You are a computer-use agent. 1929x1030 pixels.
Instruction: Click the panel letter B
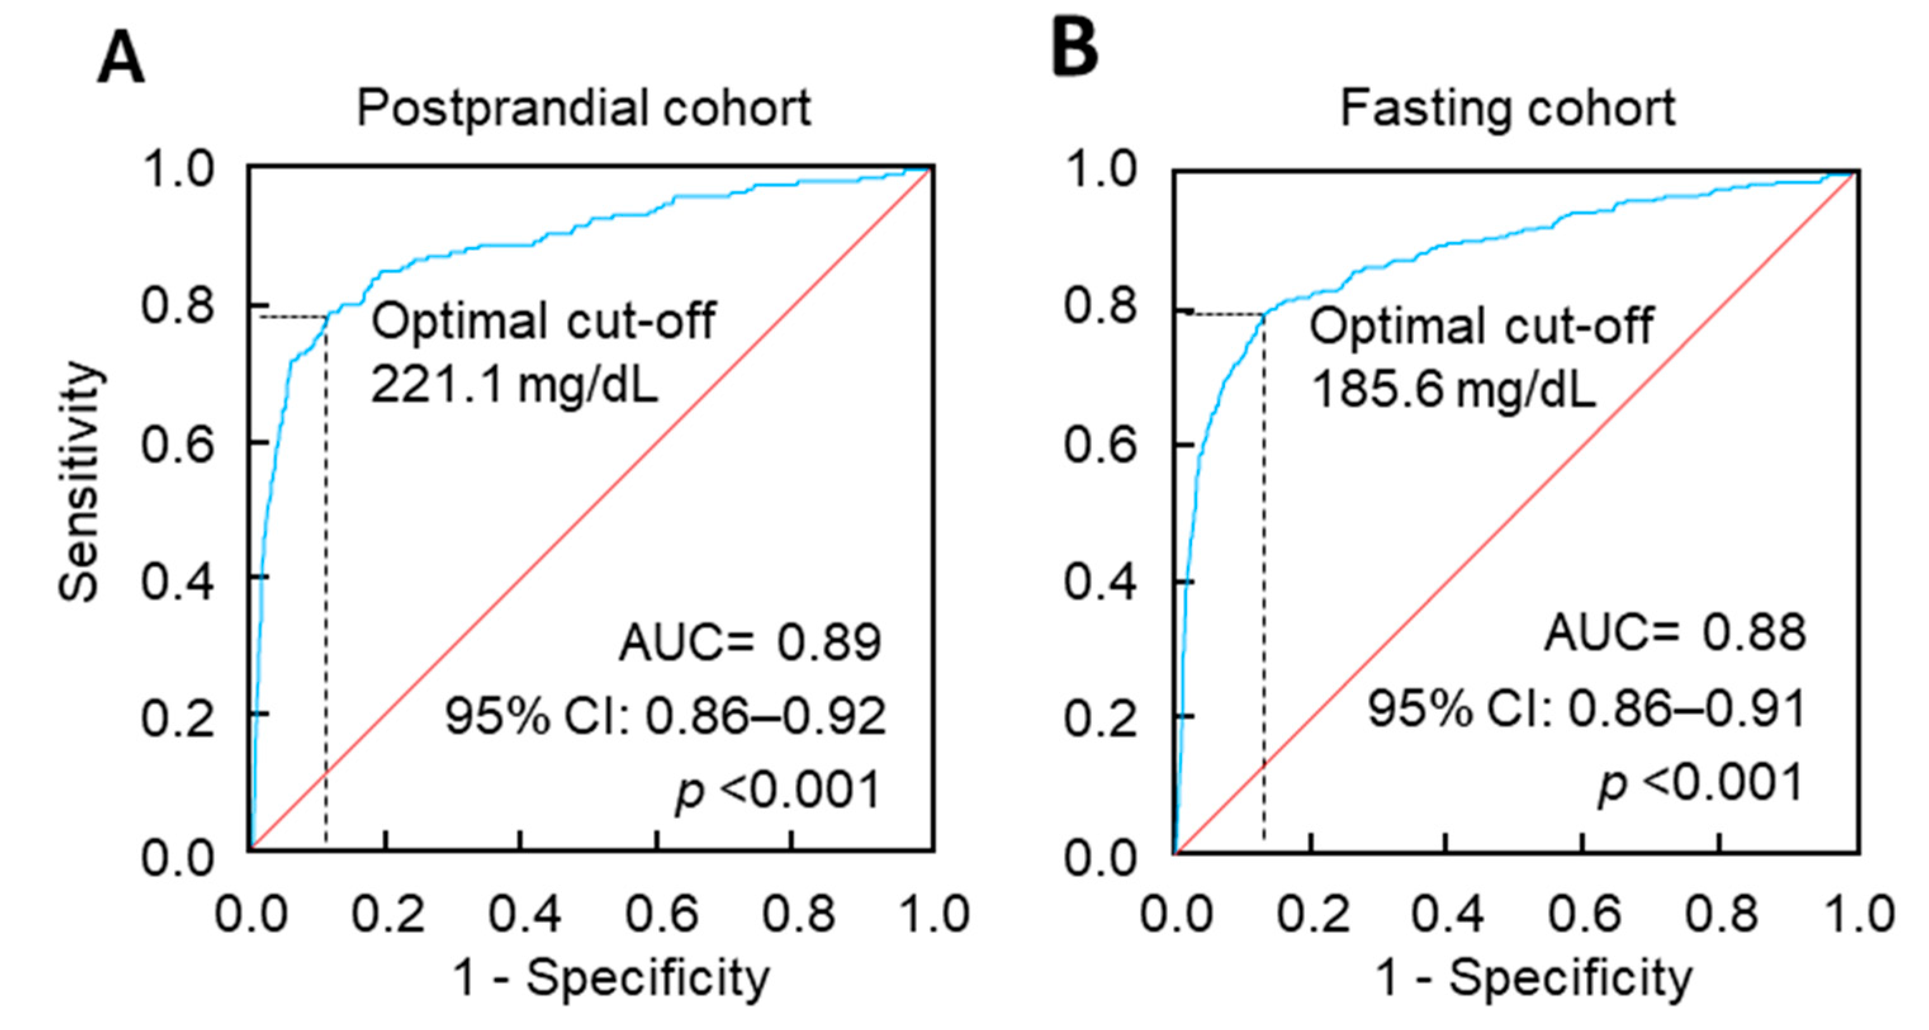tap(1075, 48)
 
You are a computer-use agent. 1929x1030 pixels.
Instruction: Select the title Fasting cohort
tap(1507, 108)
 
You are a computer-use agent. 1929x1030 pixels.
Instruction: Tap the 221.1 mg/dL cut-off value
tap(515, 387)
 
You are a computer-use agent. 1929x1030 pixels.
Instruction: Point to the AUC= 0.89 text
tap(750, 643)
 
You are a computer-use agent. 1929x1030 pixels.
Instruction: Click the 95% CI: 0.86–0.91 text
tap(1587, 709)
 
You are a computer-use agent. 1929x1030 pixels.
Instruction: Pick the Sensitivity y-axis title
tap(78, 482)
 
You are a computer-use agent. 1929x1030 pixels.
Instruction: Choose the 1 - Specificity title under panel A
tap(611, 978)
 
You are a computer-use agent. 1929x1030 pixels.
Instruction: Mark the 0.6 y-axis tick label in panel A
tap(177, 444)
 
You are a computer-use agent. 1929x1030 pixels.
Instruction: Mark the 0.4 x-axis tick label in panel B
tap(1447, 915)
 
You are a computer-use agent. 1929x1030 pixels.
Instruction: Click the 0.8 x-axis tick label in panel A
tap(798, 915)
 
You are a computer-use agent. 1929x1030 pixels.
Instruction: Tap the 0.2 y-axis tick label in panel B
tap(1100, 718)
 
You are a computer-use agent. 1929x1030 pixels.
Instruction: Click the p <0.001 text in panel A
tap(778, 791)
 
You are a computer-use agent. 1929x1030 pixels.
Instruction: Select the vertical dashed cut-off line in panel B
tap(1264, 599)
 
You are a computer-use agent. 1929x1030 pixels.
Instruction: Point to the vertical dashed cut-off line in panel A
tap(326, 599)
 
